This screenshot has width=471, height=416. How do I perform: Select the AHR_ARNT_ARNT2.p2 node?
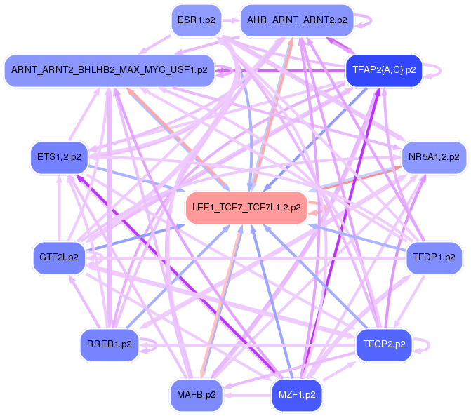[x=296, y=20]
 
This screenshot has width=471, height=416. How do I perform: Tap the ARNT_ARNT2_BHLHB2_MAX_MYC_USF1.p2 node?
[x=109, y=70]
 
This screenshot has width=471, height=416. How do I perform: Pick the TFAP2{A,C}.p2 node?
[x=383, y=70]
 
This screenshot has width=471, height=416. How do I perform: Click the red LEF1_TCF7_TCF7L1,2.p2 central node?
[x=246, y=208]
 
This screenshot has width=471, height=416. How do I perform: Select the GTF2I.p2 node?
[x=58, y=257]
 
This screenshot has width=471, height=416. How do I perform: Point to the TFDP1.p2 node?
[x=434, y=257]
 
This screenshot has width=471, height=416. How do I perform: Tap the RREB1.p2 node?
[x=108, y=344]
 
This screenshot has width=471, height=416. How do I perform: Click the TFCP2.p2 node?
[x=384, y=344]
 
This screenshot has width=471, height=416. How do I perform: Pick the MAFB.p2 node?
[x=196, y=394]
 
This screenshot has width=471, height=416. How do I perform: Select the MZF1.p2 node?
[x=297, y=394]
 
